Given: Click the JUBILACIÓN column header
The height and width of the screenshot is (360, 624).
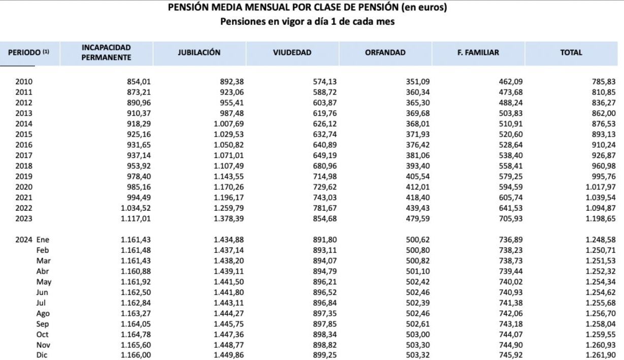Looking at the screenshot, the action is tap(199, 52).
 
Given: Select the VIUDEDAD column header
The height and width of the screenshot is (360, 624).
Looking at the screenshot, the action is tap(292, 52).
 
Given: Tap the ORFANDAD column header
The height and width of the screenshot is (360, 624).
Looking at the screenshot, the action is tap(385, 52).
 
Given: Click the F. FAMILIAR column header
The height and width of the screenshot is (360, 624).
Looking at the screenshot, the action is tap(478, 52).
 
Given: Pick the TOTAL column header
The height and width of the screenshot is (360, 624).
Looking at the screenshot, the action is tap(571, 52).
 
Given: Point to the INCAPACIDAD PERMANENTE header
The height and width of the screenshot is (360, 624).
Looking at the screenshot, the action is tap(106, 52).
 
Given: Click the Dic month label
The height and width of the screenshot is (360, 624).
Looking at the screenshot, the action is tap(42, 355).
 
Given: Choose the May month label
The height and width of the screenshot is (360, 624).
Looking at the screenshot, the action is tap(44, 281).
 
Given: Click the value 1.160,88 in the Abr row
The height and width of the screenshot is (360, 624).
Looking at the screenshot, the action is tap(136, 272).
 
